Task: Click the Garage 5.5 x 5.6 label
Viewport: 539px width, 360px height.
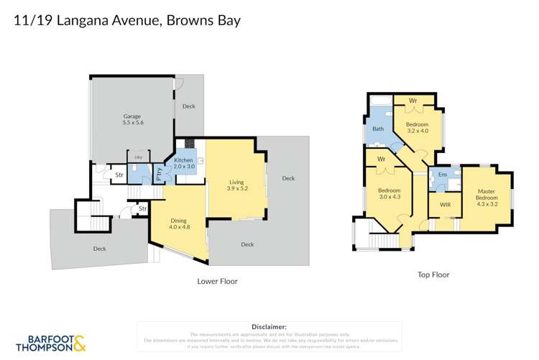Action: (x=132, y=119)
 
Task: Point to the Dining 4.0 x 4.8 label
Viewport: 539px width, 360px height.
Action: (x=178, y=223)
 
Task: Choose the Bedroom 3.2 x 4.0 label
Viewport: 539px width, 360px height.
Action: (x=418, y=127)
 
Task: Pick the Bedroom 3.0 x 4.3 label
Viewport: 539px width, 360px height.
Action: (x=389, y=194)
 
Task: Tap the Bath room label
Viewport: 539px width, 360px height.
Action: (x=378, y=129)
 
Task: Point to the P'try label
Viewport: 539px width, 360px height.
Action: (x=159, y=172)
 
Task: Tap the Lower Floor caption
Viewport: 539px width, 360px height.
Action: (x=217, y=282)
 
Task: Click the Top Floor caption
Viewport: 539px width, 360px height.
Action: (x=433, y=274)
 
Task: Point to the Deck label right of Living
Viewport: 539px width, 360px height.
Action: (x=288, y=178)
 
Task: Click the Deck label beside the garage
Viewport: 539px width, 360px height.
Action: (x=188, y=106)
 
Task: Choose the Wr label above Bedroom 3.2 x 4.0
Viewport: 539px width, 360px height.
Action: (x=413, y=100)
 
